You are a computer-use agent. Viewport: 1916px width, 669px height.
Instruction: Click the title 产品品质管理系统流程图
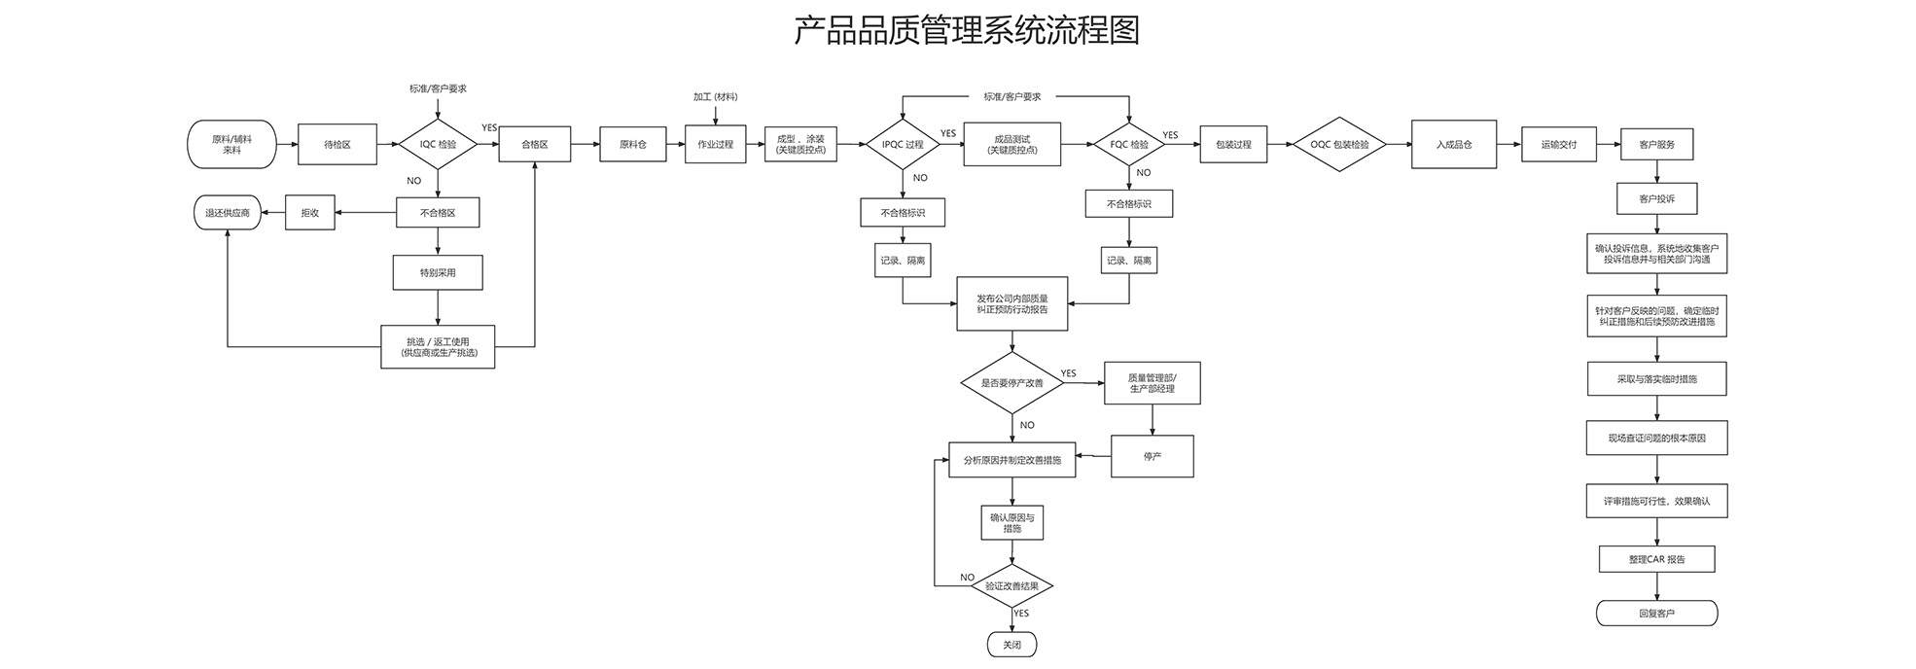tap(966, 30)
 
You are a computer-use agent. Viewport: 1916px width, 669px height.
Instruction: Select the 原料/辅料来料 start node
tap(231, 145)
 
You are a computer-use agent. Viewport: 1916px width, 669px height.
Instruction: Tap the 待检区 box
tap(337, 145)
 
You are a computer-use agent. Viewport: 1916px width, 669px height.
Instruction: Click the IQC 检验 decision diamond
tap(438, 145)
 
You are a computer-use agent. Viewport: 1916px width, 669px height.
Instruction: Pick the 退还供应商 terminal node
tap(228, 213)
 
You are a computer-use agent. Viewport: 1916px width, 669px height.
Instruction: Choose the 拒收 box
tap(310, 213)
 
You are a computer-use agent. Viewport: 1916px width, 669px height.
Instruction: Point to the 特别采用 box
tap(438, 272)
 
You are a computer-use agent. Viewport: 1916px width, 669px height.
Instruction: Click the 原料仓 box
tap(633, 145)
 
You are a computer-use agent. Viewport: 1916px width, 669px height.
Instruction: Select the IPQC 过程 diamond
tap(903, 145)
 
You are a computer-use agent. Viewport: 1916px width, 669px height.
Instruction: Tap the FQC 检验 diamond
tap(1129, 145)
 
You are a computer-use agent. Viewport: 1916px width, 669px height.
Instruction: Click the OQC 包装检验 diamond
tap(1339, 145)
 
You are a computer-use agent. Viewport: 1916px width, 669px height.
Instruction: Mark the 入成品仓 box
tap(1454, 145)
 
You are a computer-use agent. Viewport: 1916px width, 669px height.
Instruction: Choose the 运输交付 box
tap(1559, 145)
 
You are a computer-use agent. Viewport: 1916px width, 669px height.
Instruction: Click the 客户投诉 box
tap(1657, 198)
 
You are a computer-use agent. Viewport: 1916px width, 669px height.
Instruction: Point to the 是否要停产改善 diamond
tap(1012, 383)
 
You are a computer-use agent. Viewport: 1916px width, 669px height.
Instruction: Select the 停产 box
tap(1153, 456)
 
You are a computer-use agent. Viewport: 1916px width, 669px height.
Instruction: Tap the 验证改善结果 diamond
tap(1012, 586)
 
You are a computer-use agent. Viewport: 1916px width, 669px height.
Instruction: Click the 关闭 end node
tap(1012, 645)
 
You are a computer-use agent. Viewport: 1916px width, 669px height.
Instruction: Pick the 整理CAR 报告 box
tap(1657, 559)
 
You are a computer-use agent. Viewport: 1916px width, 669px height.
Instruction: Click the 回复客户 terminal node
tap(1657, 614)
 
